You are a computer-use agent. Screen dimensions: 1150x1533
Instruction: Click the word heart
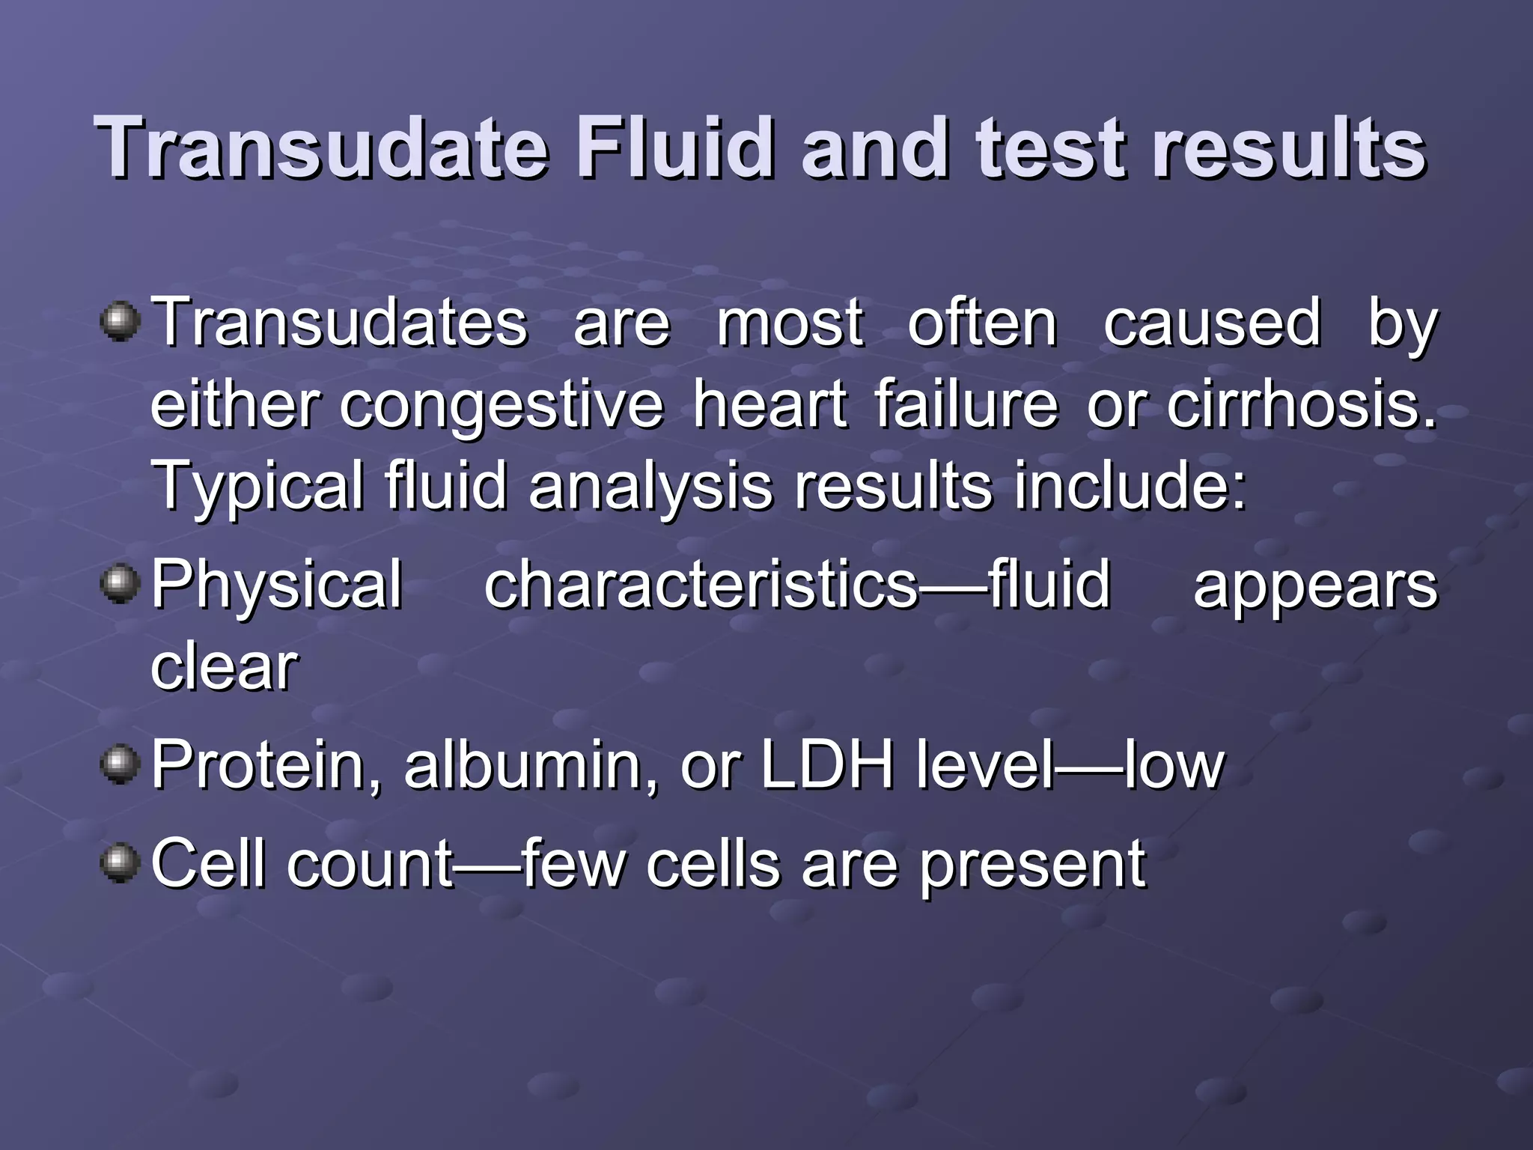(x=769, y=404)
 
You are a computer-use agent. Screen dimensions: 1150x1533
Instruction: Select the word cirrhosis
(x=1302, y=404)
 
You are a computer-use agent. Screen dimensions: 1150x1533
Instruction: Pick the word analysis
(x=650, y=488)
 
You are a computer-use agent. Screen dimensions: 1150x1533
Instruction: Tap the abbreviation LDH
(x=826, y=764)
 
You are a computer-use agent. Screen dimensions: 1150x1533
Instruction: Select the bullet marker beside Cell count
(x=120, y=862)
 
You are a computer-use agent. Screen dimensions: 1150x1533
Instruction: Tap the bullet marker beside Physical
(x=120, y=584)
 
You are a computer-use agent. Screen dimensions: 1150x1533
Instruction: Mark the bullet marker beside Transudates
(x=120, y=322)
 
